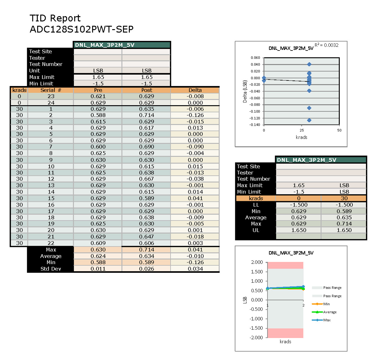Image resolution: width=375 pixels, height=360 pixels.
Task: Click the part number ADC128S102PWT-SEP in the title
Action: [x=82, y=29]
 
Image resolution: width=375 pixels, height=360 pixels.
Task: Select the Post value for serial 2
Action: [x=147, y=115]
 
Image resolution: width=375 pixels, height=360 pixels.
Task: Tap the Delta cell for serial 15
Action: [x=195, y=198]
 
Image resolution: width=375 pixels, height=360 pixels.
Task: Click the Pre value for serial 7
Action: [x=98, y=147]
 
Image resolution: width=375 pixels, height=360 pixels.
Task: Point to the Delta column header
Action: [x=195, y=90]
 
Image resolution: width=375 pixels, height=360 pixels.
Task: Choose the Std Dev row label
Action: [x=51, y=269]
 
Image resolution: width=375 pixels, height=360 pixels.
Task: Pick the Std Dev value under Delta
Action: [x=195, y=269]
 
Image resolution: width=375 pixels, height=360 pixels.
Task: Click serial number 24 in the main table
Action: [x=51, y=103]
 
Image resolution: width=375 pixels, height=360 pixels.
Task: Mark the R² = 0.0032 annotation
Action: [x=326, y=45]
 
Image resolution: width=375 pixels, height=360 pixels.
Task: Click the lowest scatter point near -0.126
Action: [x=309, y=120]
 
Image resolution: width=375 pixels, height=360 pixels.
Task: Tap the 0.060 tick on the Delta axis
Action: [x=255, y=58]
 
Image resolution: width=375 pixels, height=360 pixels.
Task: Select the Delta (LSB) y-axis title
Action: [x=245, y=92]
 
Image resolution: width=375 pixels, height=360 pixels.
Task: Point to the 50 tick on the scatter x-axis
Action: [x=339, y=130]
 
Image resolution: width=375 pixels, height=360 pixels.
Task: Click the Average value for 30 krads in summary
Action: [x=344, y=218]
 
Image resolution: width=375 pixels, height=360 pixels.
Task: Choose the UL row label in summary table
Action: [x=256, y=230]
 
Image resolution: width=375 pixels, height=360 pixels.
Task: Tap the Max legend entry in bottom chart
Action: [x=327, y=320]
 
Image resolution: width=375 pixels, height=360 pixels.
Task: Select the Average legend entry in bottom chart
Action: [x=330, y=312]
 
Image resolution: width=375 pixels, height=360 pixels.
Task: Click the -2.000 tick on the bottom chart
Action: [x=256, y=338]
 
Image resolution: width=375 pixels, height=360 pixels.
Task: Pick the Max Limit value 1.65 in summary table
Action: [x=299, y=185]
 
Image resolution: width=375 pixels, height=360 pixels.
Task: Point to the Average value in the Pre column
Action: [x=98, y=256]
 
